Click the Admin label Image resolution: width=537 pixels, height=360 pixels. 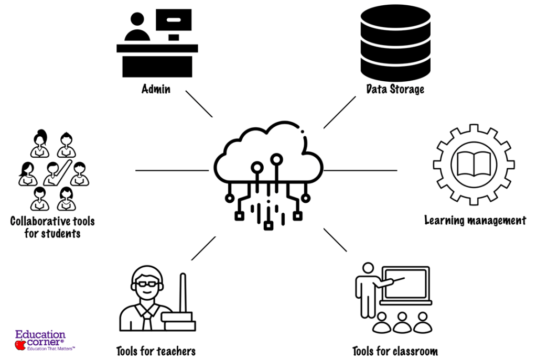[156, 89]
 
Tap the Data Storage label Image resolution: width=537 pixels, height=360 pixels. [395, 89]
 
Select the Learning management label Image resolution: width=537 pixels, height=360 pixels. [475, 220]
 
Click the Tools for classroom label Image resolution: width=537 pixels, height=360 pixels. [394, 351]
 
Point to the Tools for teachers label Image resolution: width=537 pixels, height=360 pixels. [156, 351]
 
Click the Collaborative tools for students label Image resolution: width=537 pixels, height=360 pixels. [52, 227]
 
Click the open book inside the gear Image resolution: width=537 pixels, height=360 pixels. [474, 164]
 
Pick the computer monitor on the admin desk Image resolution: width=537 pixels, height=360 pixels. [174, 20]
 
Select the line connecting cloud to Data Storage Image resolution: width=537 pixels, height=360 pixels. [339, 112]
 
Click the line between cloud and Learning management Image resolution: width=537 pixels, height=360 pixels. [361, 170]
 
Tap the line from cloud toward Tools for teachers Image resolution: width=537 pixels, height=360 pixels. [203, 248]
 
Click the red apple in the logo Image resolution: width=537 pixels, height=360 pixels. [20, 344]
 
